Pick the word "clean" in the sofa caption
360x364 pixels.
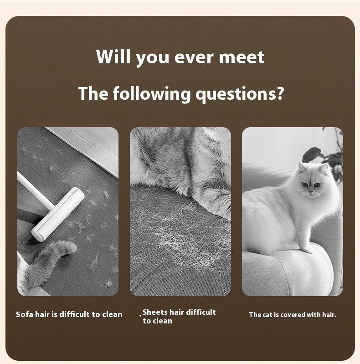pyautogui.click(x=112, y=314)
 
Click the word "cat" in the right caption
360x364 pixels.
pyautogui.click(x=267, y=315)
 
